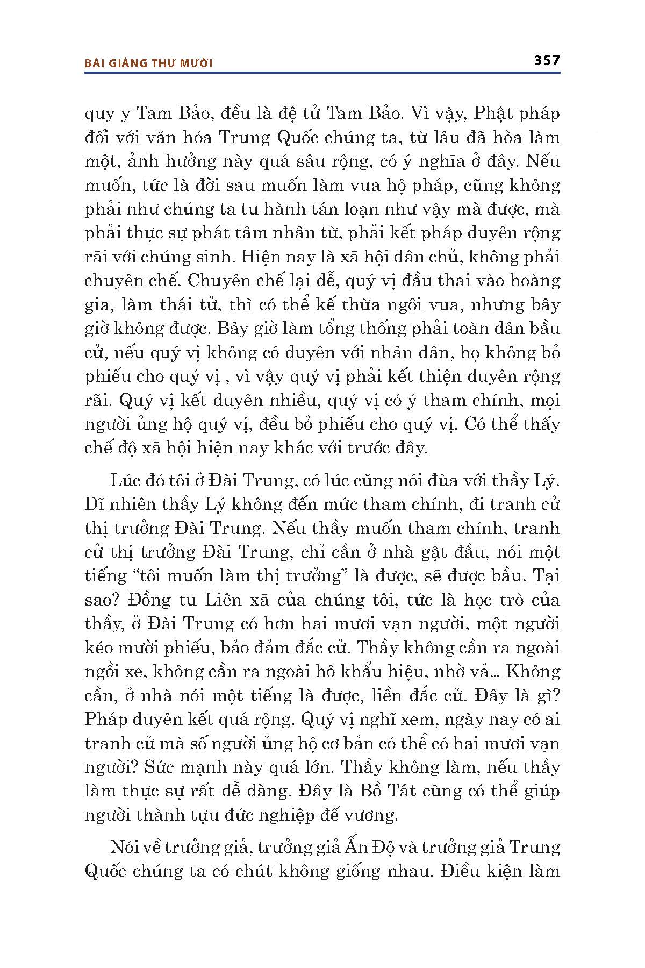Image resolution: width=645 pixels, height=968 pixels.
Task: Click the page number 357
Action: coord(547,60)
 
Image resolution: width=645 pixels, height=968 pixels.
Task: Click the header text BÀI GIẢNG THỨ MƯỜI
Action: coord(149,63)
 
